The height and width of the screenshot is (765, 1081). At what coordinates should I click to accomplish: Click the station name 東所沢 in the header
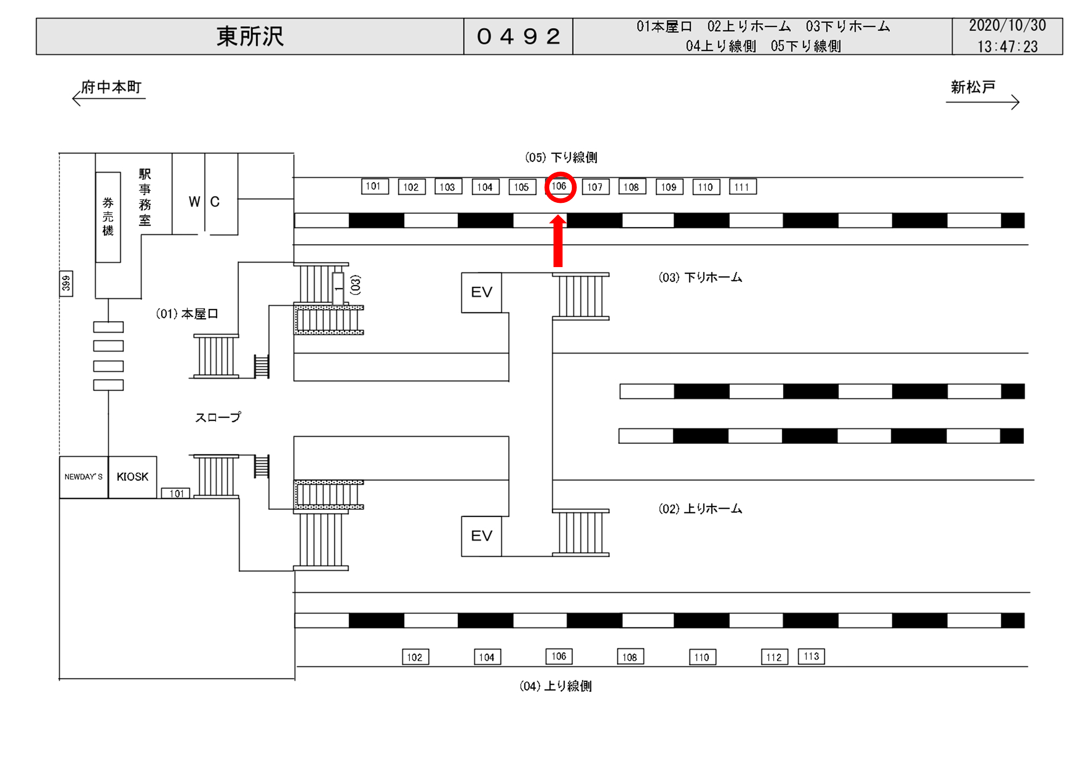tap(250, 36)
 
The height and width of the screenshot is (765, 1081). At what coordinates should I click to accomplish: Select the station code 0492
tap(518, 36)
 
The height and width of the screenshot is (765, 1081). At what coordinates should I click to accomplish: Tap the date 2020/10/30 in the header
tap(1007, 26)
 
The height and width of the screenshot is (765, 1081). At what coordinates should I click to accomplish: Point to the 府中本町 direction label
tap(111, 87)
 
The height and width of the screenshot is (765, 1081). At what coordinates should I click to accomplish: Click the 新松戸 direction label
tap(973, 87)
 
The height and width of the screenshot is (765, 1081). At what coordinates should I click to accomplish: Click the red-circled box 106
tap(559, 187)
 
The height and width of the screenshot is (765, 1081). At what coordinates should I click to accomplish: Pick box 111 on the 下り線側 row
tap(742, 187)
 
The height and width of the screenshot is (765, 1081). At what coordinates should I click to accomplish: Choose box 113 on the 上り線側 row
tap(811, 656)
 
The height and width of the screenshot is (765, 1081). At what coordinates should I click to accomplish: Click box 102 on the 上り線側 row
tap(415, 657)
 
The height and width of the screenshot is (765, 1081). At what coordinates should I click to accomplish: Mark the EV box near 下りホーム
tap(481, 293)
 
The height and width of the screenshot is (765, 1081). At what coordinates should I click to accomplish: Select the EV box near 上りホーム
tap(481, 536)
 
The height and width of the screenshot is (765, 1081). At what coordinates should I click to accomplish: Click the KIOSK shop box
tap(132, 477)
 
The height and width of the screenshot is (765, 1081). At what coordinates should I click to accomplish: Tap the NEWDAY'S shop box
tap(83, 477)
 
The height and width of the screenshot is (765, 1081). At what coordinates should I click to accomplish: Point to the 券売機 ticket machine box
tap(108, 217)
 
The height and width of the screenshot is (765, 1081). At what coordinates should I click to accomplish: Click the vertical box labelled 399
tap(66, 284)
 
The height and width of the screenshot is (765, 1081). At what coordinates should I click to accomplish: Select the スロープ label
tap(217, 417)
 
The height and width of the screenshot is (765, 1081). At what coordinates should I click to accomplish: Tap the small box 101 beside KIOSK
tap(176, 493)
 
